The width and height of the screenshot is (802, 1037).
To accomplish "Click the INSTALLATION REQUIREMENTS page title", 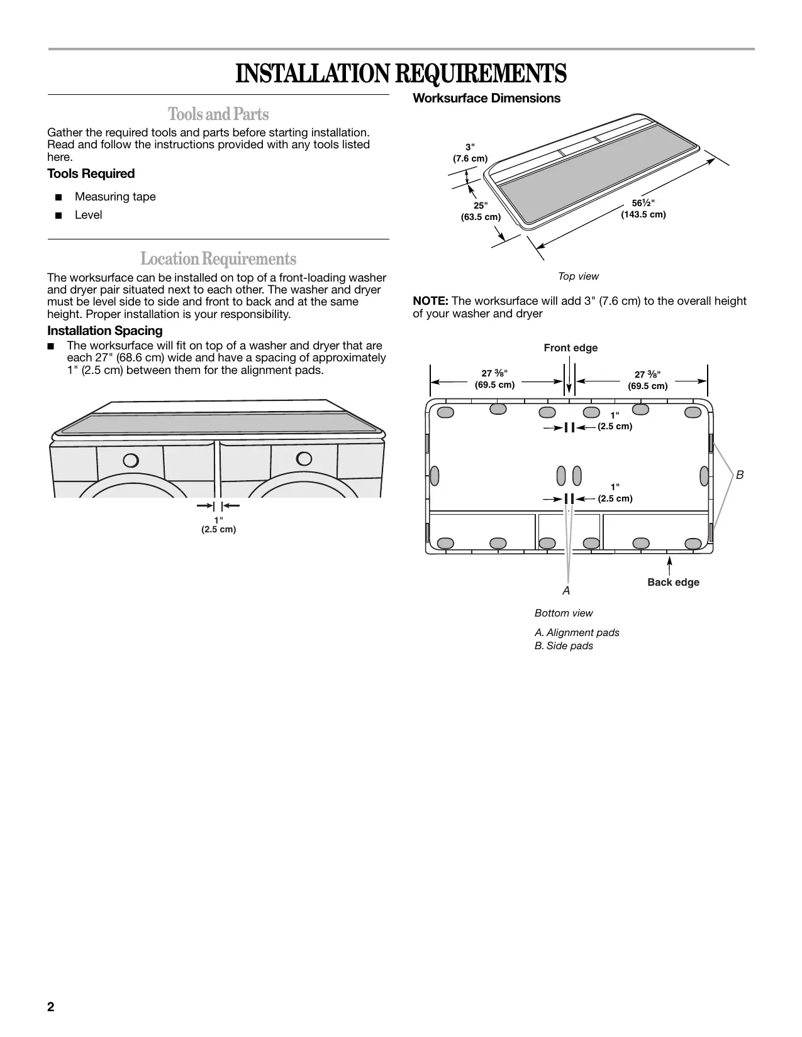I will pos(401,74).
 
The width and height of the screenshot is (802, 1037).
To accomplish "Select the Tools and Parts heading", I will pos(218,114).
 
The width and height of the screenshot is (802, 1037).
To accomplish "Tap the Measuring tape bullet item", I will pos(115,197).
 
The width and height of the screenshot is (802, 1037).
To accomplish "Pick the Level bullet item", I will pos(88,215).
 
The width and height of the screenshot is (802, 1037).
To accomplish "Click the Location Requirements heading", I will pos(218,259).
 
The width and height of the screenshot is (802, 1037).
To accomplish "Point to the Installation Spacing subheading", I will pos(105,331).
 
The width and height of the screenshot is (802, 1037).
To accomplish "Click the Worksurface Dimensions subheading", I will pos(486,99).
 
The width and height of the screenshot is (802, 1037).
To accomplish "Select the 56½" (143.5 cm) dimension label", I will pos(643,209).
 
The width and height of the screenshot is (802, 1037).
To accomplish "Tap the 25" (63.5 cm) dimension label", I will pos(481,211).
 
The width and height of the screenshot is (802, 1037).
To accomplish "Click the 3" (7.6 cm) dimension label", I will pos(470,153).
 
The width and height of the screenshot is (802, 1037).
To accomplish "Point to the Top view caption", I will pos(578,277).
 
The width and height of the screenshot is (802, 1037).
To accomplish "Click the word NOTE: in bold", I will pos(430,302).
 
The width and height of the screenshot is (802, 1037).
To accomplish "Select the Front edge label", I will pos(571,348).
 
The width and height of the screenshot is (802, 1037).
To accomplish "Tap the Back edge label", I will pos(673,583).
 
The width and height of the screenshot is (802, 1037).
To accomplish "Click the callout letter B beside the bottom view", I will pos(740,475).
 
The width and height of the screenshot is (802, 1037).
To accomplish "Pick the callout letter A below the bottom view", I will pos(566,591).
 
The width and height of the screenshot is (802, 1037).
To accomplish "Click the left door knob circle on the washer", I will pos(131,460).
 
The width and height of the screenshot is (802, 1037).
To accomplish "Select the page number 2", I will pos(51,1007).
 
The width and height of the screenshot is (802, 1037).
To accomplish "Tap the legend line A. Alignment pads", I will pos(577,633).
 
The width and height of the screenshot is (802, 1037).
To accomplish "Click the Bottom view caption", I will pos(564,613).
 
